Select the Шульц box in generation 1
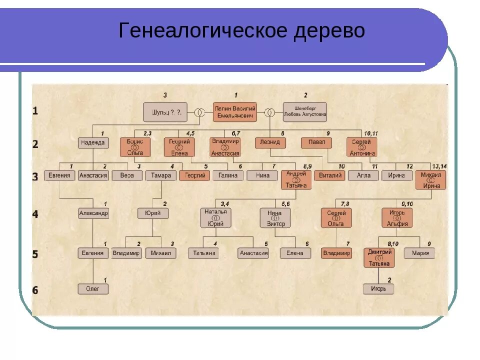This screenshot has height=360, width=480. [x=165, y=112]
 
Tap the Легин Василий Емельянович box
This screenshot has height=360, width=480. [x=235, y=112]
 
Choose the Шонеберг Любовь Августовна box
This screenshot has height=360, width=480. [x=304, y=112]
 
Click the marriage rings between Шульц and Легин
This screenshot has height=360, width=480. [x=199, y=112]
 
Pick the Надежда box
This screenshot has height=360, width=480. [x=93, y=143]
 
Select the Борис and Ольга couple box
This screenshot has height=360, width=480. [x=135, y=147]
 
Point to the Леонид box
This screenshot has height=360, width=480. [x=270, y=143]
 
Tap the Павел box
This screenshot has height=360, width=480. [x=316, y=142]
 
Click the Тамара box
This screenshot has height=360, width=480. [x=161, y=175]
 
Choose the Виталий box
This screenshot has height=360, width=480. [x=329, y=175]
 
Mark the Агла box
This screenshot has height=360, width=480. [x=363, y=175]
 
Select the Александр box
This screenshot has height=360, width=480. [x=93, y=213]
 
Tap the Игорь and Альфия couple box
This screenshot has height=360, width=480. [x=397, y=218]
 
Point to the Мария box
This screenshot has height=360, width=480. [x=419, y=253]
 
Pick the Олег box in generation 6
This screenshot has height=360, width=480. [x=93, y=288]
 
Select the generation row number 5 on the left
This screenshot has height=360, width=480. [x=35, y=254]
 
